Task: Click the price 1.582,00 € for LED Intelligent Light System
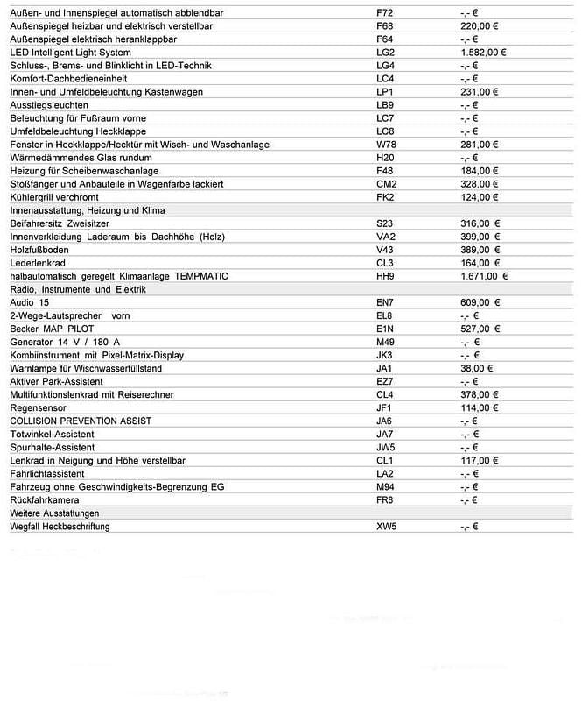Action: point(482,53)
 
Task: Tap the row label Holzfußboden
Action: point(39,250)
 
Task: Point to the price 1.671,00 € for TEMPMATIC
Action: point(484,276)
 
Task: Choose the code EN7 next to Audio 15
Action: point(386,302)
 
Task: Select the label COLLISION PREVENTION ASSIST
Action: point(81,421)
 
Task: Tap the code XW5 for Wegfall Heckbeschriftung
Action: point(386,527)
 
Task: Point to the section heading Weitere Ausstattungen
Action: point(54,513)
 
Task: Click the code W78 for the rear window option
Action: point(386,145)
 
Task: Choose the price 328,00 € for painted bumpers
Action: point(479,184)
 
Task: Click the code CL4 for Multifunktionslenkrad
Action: point(385,394)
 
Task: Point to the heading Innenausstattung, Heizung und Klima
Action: point(88,210)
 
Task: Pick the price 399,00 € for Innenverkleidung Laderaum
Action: point(480,237)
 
